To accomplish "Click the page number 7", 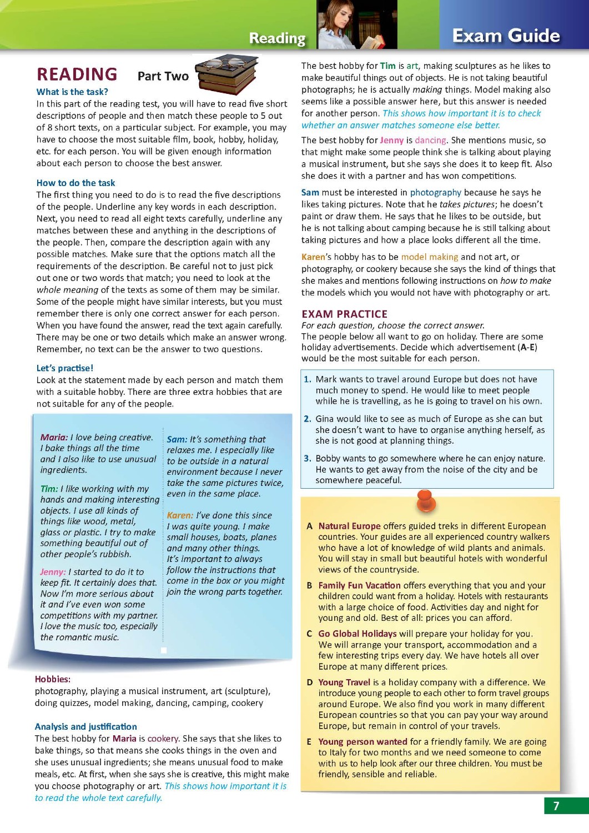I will (556, 806).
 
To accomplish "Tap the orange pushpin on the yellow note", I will (426, 501).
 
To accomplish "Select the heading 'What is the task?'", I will (72, 92).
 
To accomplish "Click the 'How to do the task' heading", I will (75, 183).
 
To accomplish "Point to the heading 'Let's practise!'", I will (64, 368).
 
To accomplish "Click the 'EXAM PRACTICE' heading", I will (344, 314).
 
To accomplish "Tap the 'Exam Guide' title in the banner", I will (506, 36).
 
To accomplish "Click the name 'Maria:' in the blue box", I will (54, 438).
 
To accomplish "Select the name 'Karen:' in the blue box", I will (180, 515).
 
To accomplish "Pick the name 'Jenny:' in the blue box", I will (53, 572).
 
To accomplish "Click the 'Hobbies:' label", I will (52, 679).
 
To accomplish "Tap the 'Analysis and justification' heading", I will (85, 726).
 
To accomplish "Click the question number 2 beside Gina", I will (307, 419).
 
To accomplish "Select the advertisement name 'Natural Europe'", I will (349, 526).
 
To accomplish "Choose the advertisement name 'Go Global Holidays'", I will (357, 634).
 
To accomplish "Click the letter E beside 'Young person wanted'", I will (309, 742).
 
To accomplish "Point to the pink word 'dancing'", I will (430, 140).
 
